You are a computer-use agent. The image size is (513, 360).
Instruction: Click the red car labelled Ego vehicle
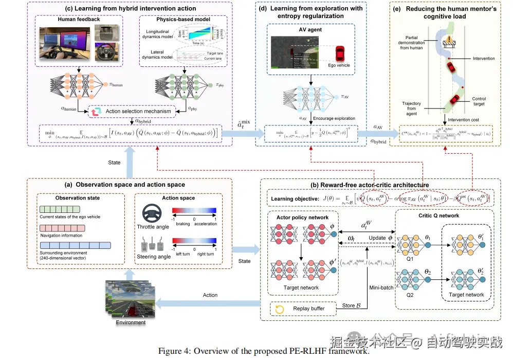(x=340, y=53)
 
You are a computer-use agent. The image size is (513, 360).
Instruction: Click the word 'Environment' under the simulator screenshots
(x=131, y=322)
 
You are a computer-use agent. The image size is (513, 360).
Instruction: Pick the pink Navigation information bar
(x=59, y=228)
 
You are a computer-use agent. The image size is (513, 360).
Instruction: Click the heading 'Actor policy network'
(x=302, y=217)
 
